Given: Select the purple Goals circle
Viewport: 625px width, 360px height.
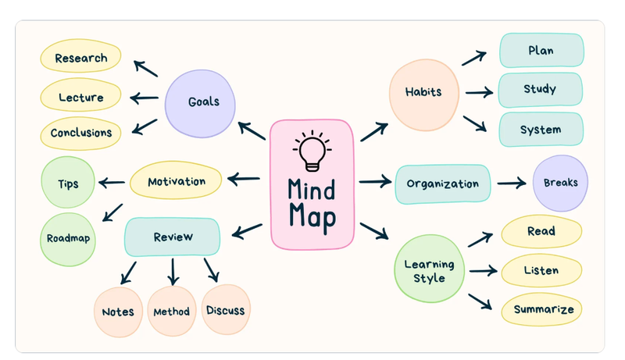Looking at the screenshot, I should tap(202, 102).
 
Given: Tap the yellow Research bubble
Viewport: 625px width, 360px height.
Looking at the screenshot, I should tap(81, 59).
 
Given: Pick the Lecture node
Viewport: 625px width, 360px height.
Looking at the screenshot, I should tap(81, 98).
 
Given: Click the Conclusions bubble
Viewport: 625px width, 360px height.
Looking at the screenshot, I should tap(81, 133).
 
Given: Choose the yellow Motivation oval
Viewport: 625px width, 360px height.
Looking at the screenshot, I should tap(177, 181).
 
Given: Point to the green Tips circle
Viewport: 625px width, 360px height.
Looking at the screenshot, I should tap(67, 184).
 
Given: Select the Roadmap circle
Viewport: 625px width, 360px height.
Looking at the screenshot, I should tap(68, 239).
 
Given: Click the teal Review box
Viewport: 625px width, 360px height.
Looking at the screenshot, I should tap(173, 237).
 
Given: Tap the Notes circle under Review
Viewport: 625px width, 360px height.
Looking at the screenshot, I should tap(118, 312).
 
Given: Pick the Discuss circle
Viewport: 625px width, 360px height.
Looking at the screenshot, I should tap(225, 310).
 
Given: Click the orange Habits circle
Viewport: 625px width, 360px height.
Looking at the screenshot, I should tap(423, 92).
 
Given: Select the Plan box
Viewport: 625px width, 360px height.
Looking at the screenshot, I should tap(541, 51).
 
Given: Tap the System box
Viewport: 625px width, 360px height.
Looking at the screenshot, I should tap(541, 130).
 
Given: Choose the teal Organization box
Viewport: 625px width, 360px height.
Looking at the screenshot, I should tap(442, 184).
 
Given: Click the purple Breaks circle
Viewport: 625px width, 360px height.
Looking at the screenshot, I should tap(560, 183).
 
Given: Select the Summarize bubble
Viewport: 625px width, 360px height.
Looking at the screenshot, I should tap(543, 309).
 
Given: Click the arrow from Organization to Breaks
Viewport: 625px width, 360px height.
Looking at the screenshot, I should tap(511, 184).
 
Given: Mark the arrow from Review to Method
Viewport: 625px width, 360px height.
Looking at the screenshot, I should tap(173, 271).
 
